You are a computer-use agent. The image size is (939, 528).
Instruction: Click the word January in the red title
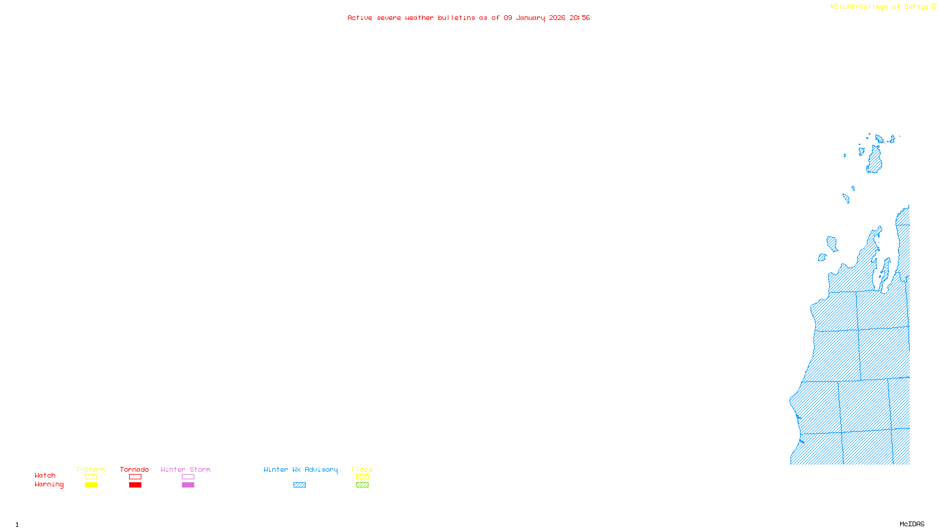tap(530, 18)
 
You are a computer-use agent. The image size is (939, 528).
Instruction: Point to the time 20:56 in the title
tap(579, 18)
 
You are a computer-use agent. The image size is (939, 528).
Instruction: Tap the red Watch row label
tap(45, 476)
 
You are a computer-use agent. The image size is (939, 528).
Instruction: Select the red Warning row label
tap(49, 485)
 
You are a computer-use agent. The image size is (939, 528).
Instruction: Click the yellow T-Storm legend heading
tap(90, 469)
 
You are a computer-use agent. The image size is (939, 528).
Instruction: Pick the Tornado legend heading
tap(134, 469)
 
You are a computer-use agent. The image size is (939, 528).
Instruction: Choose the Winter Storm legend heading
tap(185, 469)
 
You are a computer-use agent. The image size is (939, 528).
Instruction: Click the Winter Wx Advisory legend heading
tap(300, 469)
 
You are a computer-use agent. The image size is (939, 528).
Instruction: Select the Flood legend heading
tap(362, 469)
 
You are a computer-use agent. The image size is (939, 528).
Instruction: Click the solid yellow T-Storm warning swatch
tap(91, 485)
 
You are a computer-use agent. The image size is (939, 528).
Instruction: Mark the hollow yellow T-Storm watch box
tap(91, 477)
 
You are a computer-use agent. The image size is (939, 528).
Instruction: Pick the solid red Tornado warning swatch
tap(136, 485)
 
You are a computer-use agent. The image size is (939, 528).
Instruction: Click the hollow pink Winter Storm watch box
tap(188, 477)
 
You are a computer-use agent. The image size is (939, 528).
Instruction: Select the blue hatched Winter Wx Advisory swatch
tap(299, 485)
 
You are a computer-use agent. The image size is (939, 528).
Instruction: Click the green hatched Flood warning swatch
tap(362, 485)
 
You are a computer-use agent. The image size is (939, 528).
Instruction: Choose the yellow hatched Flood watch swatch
tap(362, 477)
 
